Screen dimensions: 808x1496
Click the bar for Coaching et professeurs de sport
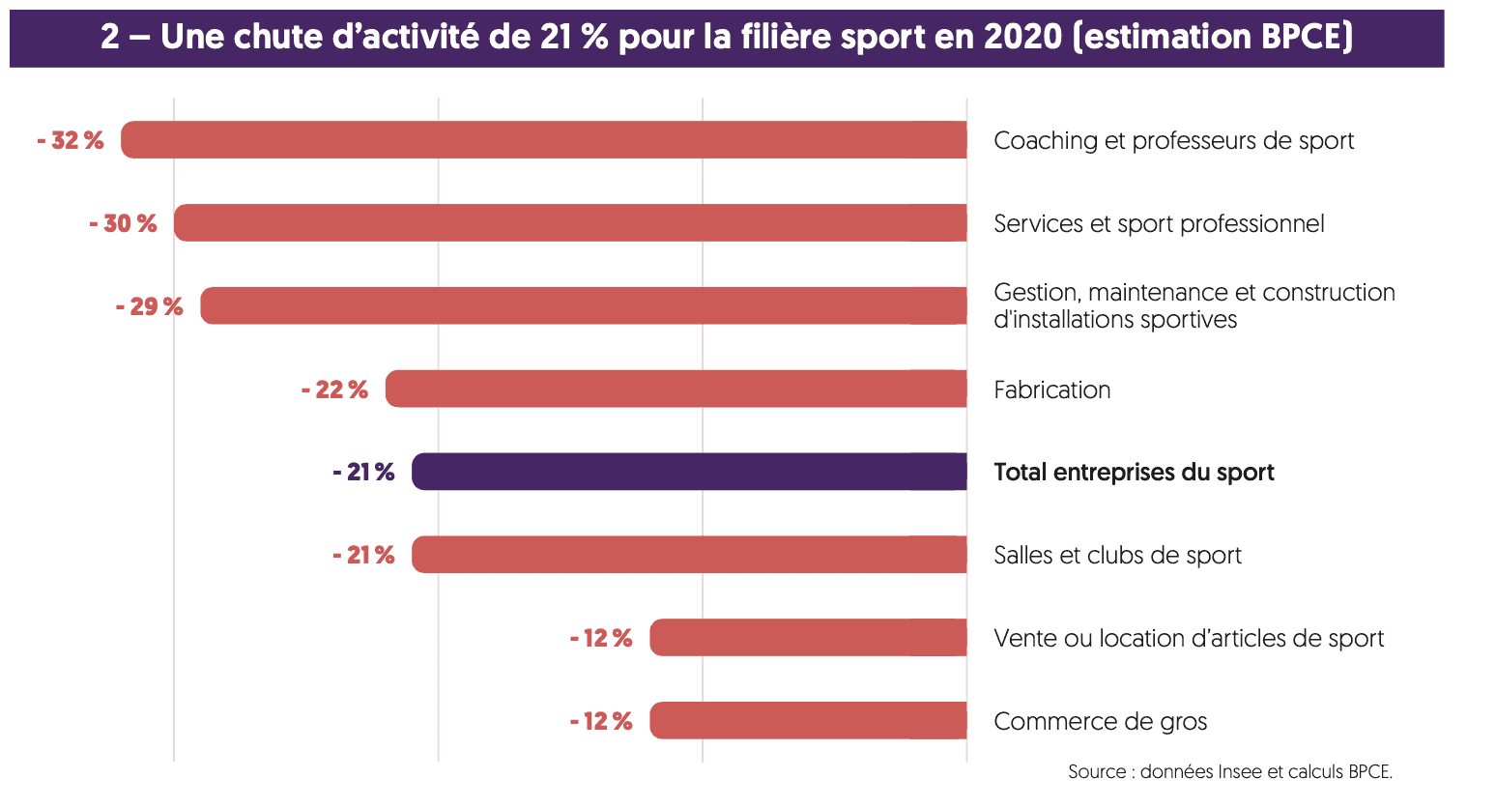543,140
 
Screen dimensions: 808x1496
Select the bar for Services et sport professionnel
570,223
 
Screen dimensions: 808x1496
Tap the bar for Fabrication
676,389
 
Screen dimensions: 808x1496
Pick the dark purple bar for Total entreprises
689,472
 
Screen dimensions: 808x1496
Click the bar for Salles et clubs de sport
689,555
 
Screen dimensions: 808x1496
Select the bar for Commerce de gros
808,721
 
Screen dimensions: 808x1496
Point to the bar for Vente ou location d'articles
808,638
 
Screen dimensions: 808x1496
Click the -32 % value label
71,141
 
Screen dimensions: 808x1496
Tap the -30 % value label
123,224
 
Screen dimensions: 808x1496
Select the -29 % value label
149,307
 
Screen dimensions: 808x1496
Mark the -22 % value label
334,390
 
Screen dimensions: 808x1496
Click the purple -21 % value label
363,473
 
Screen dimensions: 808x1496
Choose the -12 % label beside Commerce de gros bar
601,722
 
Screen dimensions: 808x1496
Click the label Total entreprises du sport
1134,473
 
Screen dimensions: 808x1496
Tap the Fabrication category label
1051,390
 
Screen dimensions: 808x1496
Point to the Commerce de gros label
1100,722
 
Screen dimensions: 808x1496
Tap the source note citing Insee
1229,772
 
